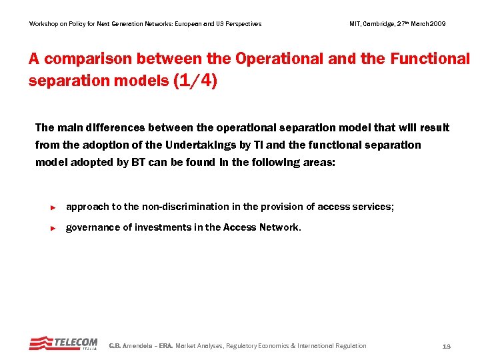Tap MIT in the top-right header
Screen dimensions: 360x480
click(355, 24)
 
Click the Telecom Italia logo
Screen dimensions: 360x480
click(63, 343)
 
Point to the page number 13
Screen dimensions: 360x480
click(447, 346)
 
